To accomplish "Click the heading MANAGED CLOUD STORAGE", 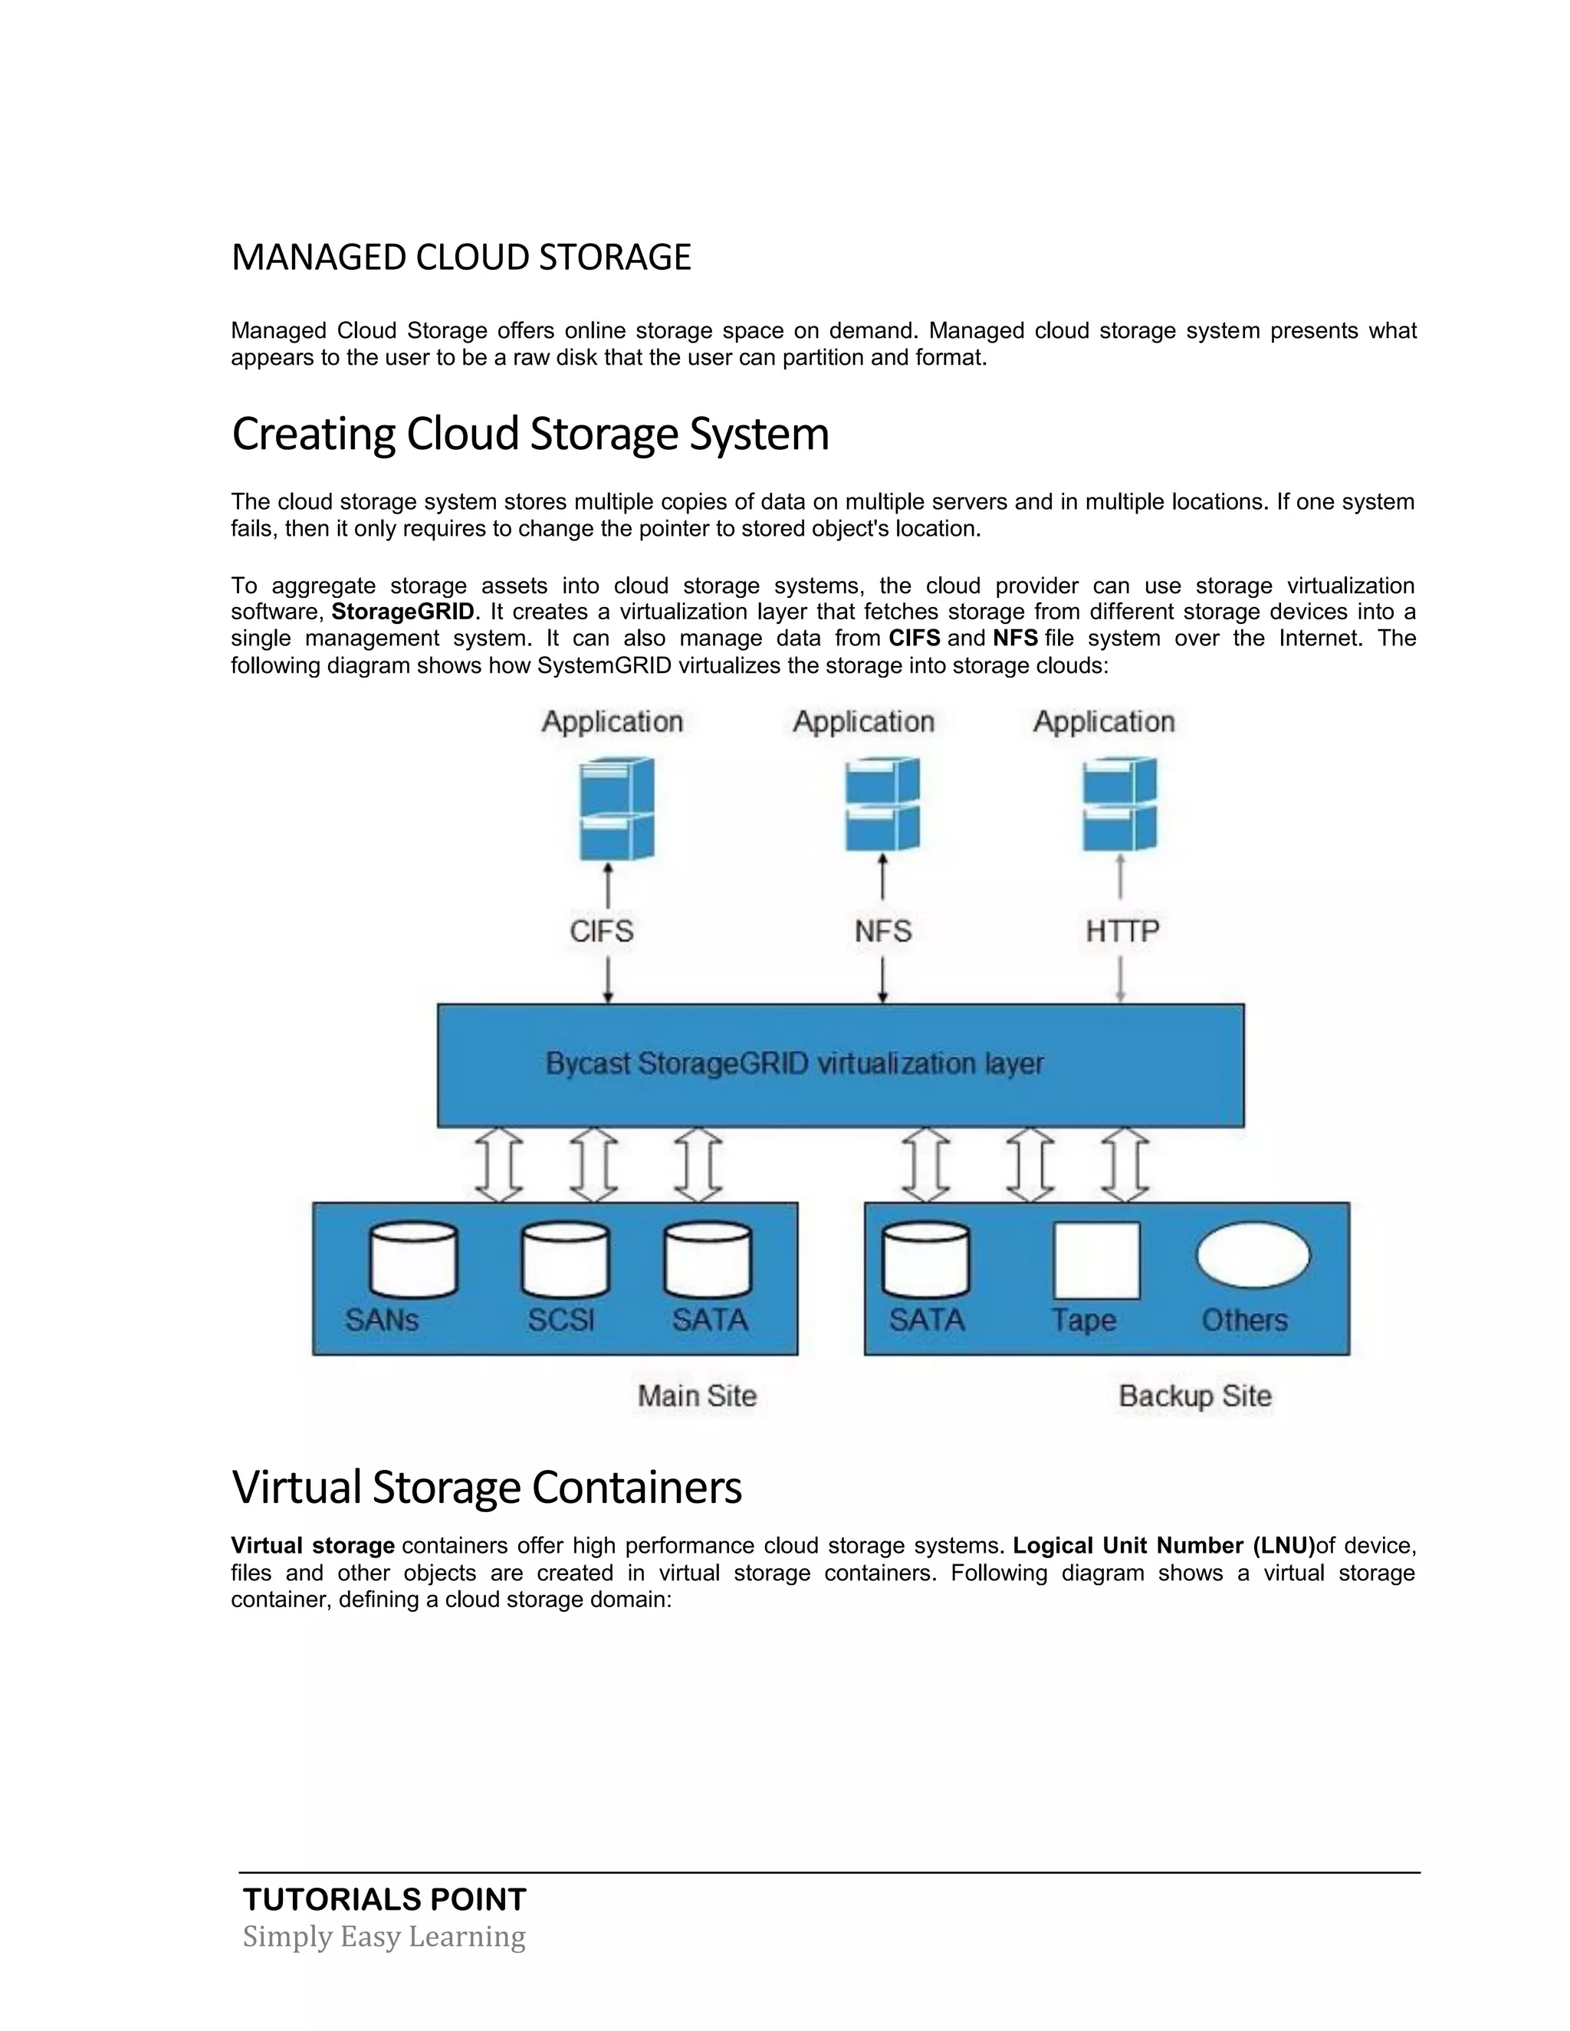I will point(461,258).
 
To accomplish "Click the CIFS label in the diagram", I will point(602,931).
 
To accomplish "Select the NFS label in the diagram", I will point(882,931).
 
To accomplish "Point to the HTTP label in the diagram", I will point(1122,931).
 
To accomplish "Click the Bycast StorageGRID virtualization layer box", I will point(840,1065).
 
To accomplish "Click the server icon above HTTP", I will point(1120,805).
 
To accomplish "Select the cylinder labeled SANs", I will point(413,1260).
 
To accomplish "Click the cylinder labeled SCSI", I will point(564,1260).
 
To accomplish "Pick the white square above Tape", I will point(1096,1260).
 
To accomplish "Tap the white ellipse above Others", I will point(1253,1255).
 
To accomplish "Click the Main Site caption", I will point(697,1396).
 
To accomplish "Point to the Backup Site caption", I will point(1194,1396).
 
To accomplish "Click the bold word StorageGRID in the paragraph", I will point(402,612).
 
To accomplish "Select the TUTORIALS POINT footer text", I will point(384,1899).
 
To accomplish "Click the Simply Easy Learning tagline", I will point(384,1936).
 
